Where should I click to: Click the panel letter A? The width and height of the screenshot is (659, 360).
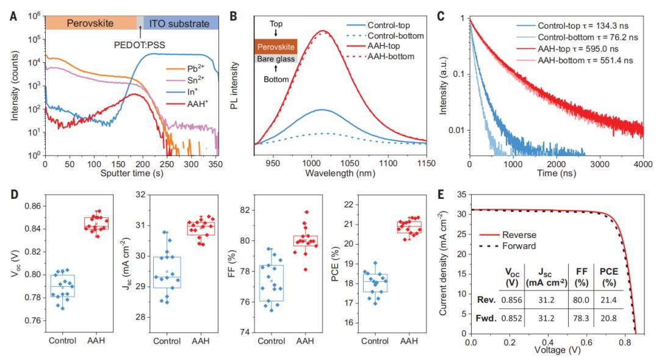tap(13, 13)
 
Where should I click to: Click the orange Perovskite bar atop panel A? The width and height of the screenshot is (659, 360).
tap(91, 23)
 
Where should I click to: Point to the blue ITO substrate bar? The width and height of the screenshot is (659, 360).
tap(181, 23)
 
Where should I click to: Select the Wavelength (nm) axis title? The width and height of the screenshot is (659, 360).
tap(340, 173)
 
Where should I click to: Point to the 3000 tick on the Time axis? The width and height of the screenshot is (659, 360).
tap(601, 165)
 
